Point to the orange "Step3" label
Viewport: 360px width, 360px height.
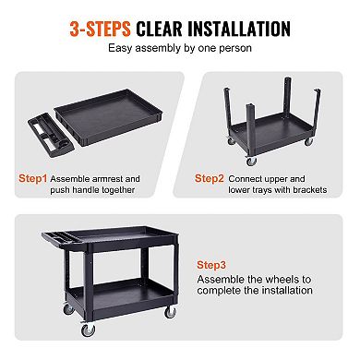point(213,263)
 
